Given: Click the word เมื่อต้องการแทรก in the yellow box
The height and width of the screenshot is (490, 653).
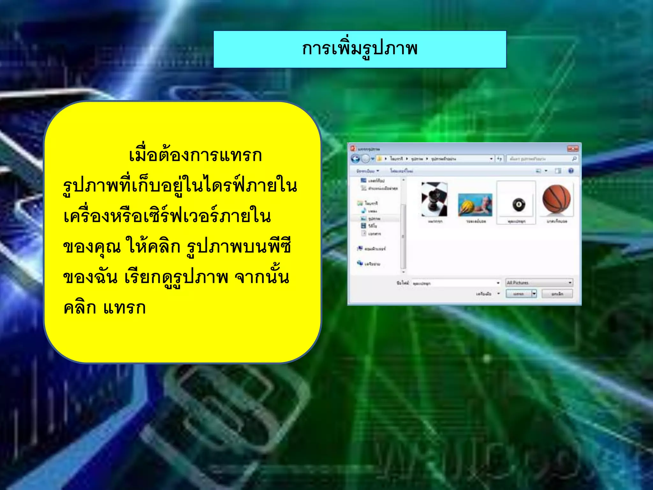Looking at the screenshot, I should click(x=195, y=156).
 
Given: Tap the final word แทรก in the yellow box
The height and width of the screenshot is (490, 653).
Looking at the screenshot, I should click(x=125, y=308).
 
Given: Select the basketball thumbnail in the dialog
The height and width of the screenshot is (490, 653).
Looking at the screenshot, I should click(x=556, y=200).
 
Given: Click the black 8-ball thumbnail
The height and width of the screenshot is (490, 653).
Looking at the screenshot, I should click(x=519, y=204).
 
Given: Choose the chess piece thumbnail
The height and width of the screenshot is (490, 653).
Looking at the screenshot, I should click(x=434, y=200).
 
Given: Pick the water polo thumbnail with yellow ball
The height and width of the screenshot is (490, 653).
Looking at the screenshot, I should click(x=475, y=204).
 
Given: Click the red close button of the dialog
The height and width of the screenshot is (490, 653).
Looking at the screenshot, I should click(x=573, y=149).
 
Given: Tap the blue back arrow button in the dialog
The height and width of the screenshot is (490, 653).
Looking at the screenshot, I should click(x=355, y=159).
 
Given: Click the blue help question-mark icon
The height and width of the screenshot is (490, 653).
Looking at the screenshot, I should click(x=571, y=171).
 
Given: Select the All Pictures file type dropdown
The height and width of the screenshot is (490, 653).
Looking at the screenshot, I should click(x=539, y=283).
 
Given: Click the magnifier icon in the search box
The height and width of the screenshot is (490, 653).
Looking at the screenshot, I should click(x=574, y=159).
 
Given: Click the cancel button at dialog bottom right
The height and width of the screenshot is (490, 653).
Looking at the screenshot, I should click(x=557, y=294).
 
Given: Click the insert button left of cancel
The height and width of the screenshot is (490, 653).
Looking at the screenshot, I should click(x=519, y=294).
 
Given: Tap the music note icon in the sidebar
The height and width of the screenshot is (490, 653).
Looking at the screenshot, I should click(x=363, y=211).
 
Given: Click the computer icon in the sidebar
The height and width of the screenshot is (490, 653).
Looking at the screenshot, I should click(x=360, y=248).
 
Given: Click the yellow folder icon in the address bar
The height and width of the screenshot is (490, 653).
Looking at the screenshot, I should click(x=379, y=159).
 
